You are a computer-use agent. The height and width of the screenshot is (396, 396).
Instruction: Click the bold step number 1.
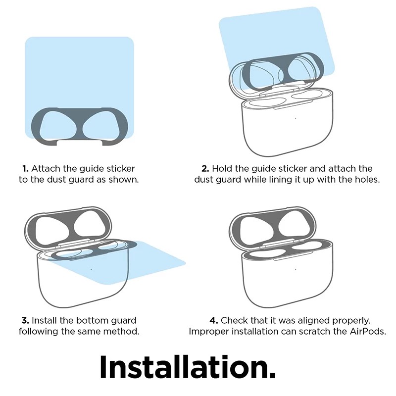point(25,168)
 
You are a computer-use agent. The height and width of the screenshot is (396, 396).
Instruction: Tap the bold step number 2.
point(205,168)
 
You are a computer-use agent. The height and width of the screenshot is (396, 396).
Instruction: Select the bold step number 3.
point(25,320)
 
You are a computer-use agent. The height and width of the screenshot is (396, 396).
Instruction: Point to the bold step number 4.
point(214,320)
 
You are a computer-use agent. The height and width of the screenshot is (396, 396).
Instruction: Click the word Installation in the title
point(188,367)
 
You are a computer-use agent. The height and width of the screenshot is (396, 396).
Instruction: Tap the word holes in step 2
point(367,179)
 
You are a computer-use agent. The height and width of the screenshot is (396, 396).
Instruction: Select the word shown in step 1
point(123,179)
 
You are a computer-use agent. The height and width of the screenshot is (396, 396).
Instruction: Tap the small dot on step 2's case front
point(296,118)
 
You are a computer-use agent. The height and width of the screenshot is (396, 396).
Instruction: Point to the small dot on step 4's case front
point(296,269)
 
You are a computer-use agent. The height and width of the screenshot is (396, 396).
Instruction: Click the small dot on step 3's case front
point(91,269)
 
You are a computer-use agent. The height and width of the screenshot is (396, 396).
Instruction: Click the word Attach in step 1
point(46,168)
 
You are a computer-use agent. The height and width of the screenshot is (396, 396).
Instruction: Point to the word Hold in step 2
point(222,168)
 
